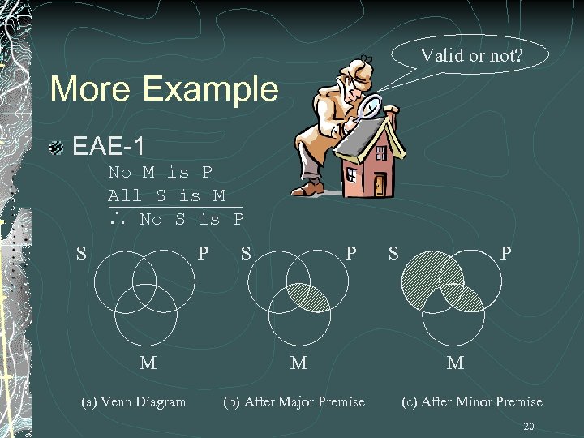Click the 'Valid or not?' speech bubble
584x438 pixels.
(x=471, y=55)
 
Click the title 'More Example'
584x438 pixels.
(x=163, y=88)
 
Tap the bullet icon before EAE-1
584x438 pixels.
(x=56, y=148)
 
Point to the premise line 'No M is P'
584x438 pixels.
(x=160, y=172)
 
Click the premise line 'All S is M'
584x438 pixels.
(x=166, y=195)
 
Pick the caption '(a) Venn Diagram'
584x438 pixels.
(x=134, y=401)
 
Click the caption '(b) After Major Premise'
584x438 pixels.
(x=294, y=401)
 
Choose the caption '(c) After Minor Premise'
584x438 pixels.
(x=471, y=401)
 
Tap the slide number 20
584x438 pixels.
(x=529, y=427)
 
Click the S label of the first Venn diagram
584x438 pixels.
(x=81, y=253)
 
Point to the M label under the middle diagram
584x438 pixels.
(x=298, y=363)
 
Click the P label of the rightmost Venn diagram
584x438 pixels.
(x=505, y=253)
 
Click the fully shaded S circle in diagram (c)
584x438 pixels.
(x=422, y=276)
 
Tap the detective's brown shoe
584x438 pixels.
(x=307, y=189)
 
